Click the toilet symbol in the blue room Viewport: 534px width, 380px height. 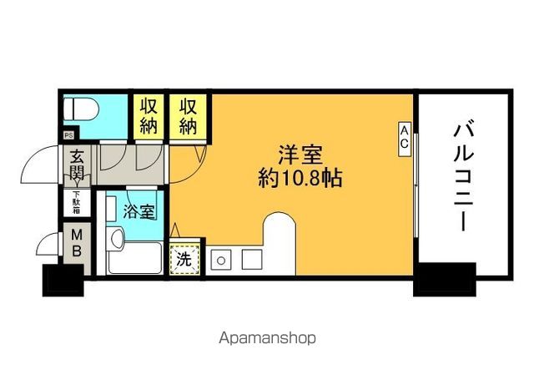pyautogui.click(x=81, y=109)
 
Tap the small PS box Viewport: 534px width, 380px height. pyautogui.click(x=68, y=135)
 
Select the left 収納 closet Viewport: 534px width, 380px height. pyautogui.click(x=149, y=117)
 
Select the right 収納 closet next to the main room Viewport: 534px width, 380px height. pyautogui.click(x=188, y=117)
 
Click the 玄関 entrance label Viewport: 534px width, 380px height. pyautogui.click(x=77, y=165)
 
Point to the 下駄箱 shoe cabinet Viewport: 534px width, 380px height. pyautogui.click(x=77, y=202)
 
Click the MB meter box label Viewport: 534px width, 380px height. pyautogui.click(x=77, y=243)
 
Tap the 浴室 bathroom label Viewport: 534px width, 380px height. pyautogui.click(x=139, y=211)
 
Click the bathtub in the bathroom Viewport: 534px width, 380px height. pyautogui.click(x=135, y=258)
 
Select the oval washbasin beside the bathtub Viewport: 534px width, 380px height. pyautogui.click(x=117, y=238)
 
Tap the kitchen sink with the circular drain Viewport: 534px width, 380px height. pyautogui.click(x=221, y=260)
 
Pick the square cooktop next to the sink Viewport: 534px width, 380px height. pyautogui.click(x=252, y=260)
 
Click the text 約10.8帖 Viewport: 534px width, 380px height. pyautogui.click(x=300, y=178)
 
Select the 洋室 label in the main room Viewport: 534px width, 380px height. pyautogui.click(x=300, y=155)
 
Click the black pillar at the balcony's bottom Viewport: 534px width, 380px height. pyautogui.click(x=445, y=280)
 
